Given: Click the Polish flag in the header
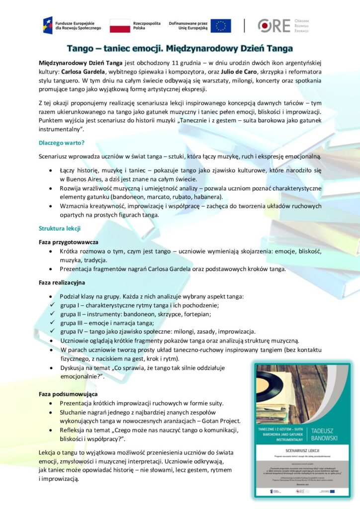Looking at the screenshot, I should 120,26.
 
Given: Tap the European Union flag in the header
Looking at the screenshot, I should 221,26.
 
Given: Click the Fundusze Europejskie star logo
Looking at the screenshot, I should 48,25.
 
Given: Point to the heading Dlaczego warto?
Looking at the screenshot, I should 62,143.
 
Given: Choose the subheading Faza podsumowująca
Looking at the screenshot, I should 68,394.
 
